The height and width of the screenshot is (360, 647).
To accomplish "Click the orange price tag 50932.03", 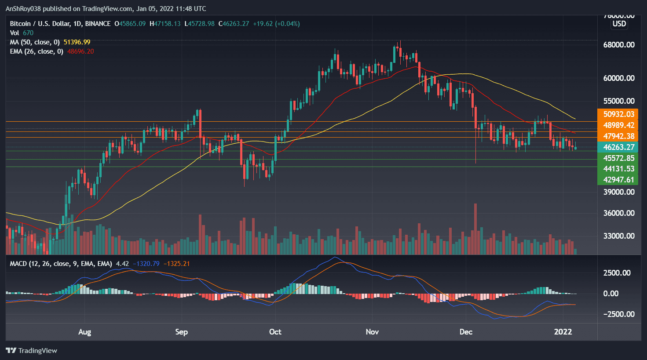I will [x=618, y=114].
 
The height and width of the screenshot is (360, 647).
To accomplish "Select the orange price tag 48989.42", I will [x=618, y=125].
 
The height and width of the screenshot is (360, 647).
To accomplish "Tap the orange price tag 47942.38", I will [x=618, y=136].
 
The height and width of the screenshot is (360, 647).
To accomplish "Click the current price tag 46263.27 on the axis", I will [x=618, y=147].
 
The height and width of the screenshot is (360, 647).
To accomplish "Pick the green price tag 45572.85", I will [x=618, y=158].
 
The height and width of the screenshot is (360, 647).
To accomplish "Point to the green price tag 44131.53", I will [x=618, y=169].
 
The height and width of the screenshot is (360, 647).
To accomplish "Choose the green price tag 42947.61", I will [x=618, y=180].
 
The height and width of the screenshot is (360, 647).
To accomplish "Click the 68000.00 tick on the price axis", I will [x=618, y=45].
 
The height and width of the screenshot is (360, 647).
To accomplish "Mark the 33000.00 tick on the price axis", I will [x=618, y=236].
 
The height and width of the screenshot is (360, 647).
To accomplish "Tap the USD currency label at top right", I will [x=619, y=24].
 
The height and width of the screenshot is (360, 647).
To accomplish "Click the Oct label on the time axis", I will [x=275, y=332].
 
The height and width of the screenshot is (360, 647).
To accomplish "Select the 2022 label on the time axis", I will [x=563, y=332].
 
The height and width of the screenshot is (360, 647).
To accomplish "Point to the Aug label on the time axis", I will [x=84, y=332].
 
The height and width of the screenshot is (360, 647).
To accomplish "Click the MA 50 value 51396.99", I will [x=77, y=42].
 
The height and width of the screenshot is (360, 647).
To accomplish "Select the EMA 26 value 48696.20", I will [x=80, y=51].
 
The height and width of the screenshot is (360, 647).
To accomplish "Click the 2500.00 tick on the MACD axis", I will [x=617, y=273].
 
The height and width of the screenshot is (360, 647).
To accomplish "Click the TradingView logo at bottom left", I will [x=32, y=350].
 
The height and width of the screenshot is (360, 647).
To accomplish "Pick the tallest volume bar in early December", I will [x=475, y=229].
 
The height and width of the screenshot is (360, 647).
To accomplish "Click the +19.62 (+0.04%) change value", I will [x=276, y=24].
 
